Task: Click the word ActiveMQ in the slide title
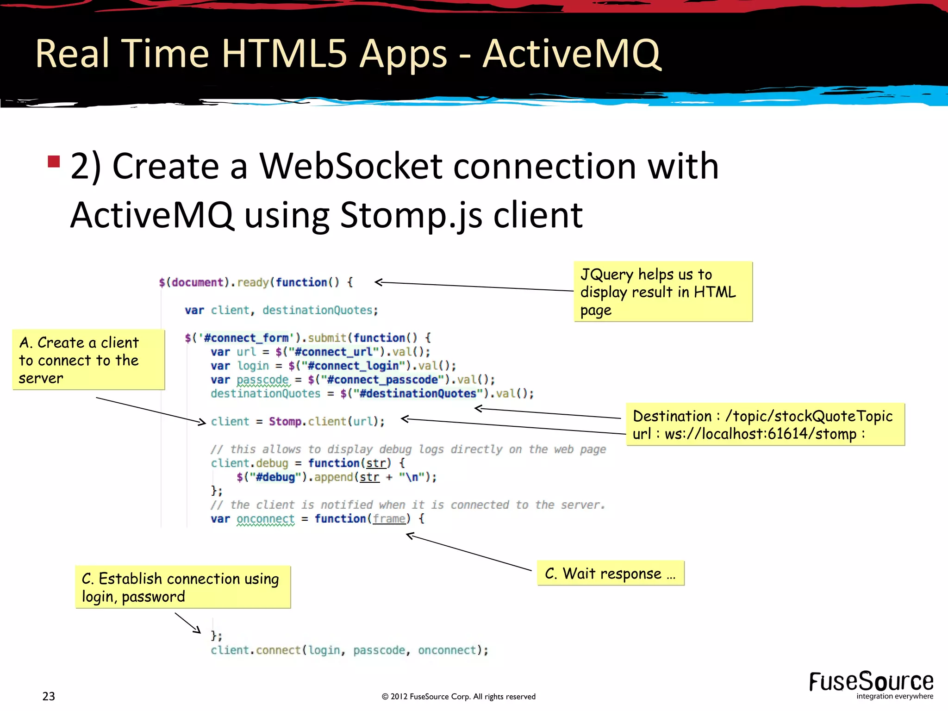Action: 572,54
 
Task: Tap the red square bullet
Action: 54,162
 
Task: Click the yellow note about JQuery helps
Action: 663,292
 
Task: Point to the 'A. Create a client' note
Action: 88,360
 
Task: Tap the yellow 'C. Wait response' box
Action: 610,574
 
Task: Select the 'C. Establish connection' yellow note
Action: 183,587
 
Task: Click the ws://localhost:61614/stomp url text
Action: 761,434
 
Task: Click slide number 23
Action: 49,696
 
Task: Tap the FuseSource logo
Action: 871,685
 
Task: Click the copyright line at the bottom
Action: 458,697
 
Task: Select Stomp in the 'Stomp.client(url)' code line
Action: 285,422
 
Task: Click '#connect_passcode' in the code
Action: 382,380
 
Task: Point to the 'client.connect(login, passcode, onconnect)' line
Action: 349,650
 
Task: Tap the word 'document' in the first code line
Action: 198,282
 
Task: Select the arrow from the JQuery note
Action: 472,286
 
